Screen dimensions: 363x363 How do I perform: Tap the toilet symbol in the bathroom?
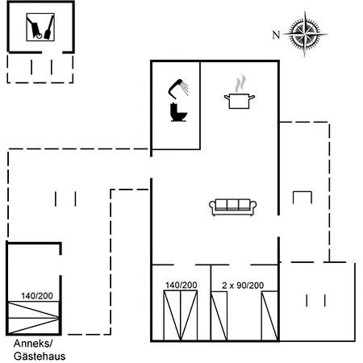[x=178, y=112]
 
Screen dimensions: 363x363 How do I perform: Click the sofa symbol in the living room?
[x=233, y=207]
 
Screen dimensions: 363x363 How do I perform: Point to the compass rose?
[x=305, y=34]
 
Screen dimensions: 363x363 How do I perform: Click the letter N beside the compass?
[x=276, y=35]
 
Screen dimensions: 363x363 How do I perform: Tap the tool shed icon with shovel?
[x=40, y=27]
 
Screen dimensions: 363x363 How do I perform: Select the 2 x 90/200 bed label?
[x=243, y=286]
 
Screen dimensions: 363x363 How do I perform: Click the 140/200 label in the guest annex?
[x=37, y=296]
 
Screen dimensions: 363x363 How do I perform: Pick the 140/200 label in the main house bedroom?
[x=181, y=285]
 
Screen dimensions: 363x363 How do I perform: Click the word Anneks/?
[x=33, y=344]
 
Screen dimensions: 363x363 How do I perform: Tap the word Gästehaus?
[x=40, y=357]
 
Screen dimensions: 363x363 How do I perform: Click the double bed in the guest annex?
[x=33, y=318]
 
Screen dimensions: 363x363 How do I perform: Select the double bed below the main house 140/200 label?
[x=181, y=315]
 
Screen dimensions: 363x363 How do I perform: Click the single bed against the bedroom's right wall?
[x=269, y=316]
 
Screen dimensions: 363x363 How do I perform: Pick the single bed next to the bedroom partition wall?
[x=219, y=316]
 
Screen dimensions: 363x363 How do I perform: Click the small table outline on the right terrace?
[x=302, y=192]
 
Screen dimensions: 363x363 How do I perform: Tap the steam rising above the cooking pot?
[x=240, y=83]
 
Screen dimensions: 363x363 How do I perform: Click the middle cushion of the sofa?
[x=232, y=204]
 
